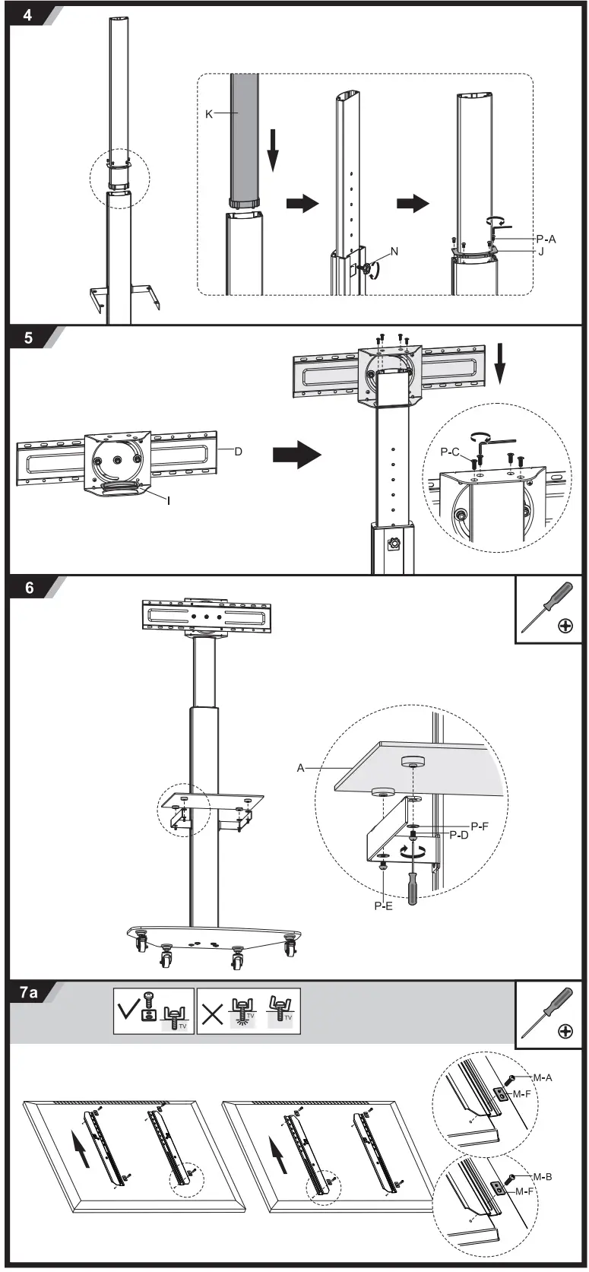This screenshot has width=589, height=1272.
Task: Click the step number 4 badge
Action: tap(27, 14)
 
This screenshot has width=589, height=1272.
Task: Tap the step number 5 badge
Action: tap(28, 338)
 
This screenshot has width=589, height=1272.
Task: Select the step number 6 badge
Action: tap(29, 587)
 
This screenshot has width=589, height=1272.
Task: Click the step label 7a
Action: tap(30, 992)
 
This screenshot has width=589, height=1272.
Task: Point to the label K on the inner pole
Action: tap(209, 114)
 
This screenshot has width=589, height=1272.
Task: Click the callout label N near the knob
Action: tap(394, 252)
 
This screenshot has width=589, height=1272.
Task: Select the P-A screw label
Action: tap(546, 239)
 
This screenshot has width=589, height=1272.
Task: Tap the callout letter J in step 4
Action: tap(541, 251)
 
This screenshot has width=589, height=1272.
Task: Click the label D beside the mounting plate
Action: tap(238, 451)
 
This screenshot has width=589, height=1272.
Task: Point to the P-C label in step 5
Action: tap(450, 452)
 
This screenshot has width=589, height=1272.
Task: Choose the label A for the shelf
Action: tap(300, 768)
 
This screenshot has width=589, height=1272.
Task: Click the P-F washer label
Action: tap(480, 826)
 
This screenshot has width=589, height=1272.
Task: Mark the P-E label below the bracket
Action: tap(383, 906)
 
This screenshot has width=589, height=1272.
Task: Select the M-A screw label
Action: tap(542, 1077)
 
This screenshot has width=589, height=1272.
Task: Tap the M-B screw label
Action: tap(542, 1177)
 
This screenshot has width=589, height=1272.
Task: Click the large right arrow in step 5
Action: tap(297, 455)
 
